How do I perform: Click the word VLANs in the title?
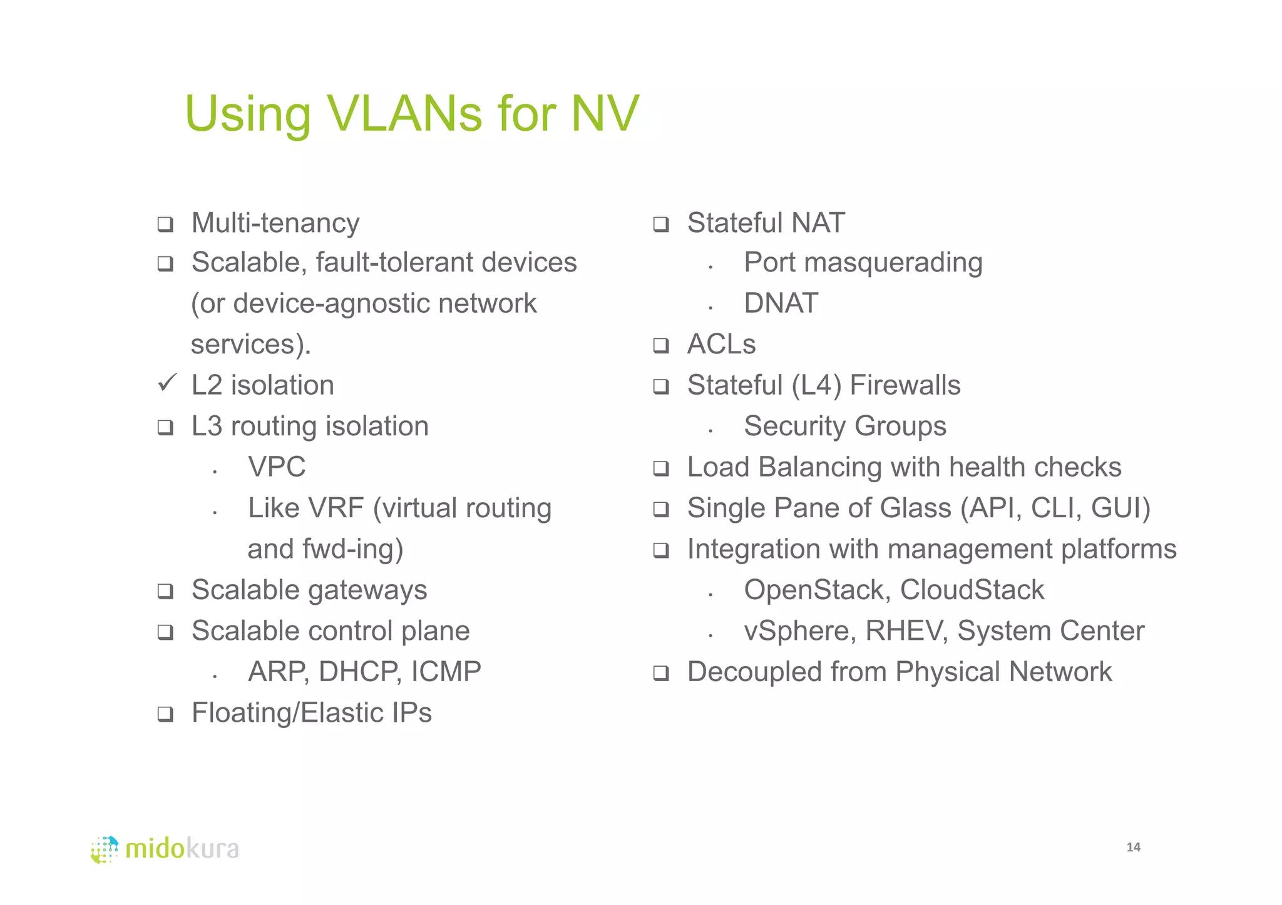click(404, 114)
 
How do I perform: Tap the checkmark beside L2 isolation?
click(167, 382)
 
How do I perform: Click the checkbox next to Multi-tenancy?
click(165, 224)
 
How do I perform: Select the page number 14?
click(1133, 847)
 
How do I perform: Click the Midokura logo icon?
click(105, 849)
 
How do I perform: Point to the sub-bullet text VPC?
click(277, 467)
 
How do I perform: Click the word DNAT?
click(781, 303)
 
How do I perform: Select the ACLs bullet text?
click(721, 344)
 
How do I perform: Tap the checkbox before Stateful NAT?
click(661, 224)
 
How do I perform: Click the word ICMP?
click(446, 672)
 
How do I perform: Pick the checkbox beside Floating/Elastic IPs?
click(165, 714)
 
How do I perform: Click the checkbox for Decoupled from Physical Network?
click(661, 673)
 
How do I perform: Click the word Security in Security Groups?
click(794, 427)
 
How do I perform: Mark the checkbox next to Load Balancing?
click(661, 468)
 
